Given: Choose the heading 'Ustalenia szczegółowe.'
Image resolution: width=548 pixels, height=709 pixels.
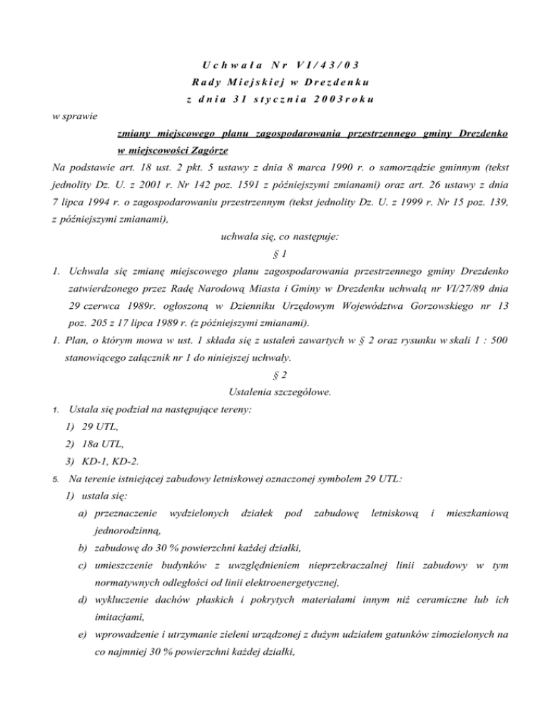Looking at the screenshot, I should [273, 392].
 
